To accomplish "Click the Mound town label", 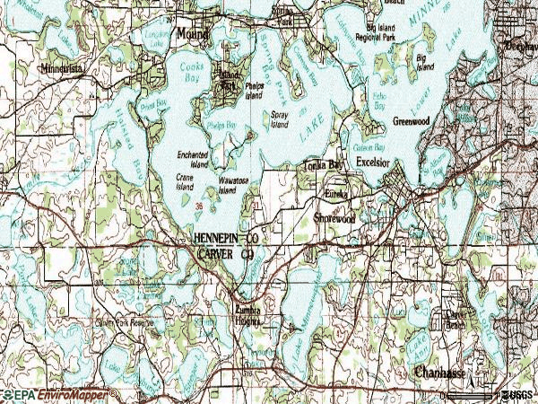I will pos(190,33).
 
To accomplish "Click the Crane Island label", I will pos(185,182).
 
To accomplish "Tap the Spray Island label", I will pos(280,119).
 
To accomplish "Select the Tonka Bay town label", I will pos(321,165).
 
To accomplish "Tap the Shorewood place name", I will pos(336,217).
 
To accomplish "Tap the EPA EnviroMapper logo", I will pos(54,395).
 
